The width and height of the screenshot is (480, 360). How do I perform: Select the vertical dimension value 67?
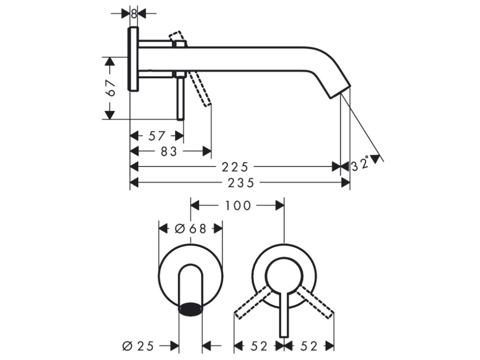click(x=111, y=88)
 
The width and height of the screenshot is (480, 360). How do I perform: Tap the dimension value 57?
click(x=157, y=136)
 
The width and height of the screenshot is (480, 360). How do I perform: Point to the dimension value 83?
click(x=169, y=151)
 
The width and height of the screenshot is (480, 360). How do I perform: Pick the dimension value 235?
click(x=240, y=183)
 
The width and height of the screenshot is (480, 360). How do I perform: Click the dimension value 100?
click(x=238, y=205)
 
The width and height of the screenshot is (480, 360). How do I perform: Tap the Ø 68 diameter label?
click(x=190, y=228)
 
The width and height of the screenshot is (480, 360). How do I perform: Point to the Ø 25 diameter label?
click(x=138, y=346)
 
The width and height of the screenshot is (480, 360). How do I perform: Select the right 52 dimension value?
click(x=309, y=346)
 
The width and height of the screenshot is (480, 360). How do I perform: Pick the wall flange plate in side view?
click(x=134, y=60)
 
